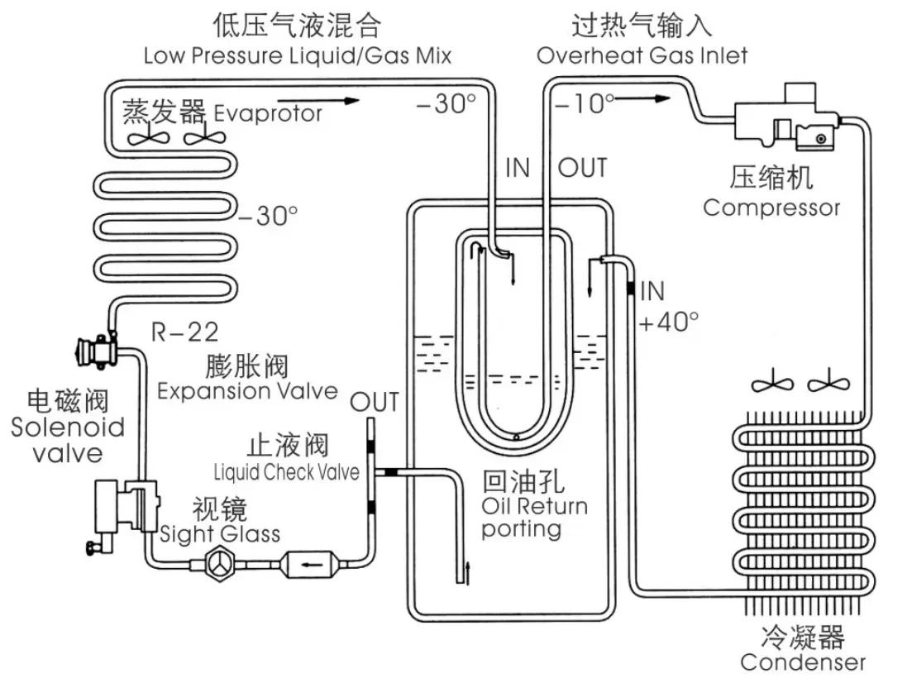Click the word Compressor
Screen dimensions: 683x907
(x=771, y=207)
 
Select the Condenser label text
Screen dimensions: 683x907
(x=802, y=662)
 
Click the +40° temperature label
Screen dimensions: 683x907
(x=669, y=322)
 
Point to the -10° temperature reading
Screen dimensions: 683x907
(x=585, y=103)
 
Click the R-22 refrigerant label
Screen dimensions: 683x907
(x=185, y=333)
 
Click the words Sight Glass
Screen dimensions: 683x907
(x=220, y=533)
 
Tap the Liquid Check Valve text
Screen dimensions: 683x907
(x=286, y=473)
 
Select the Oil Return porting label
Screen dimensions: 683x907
(x=534, y=517)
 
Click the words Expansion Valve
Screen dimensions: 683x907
(x=247, y=390)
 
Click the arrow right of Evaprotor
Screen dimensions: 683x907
(x=341, y=101)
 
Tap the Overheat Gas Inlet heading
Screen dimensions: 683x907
(x=642, y=55)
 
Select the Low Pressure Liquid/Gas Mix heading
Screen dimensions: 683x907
(x=298, y=55)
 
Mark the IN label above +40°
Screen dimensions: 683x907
(x=652, y=291)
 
